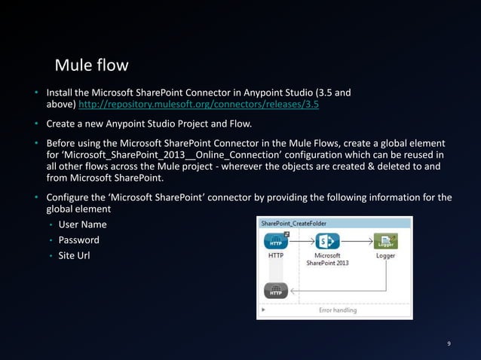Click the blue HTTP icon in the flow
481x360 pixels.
point(276,242)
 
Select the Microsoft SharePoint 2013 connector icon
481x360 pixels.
point(327,242)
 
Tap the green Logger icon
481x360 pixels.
point(385,242)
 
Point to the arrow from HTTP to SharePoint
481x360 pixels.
point(302,242)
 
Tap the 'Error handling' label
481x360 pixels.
point(336,310)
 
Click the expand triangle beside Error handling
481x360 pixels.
point(263,310)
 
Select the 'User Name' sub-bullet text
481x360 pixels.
point(83,224)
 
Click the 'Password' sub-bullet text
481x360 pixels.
point(79,240)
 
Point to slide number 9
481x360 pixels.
point(449,344)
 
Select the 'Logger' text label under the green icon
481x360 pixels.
point(385,256)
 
